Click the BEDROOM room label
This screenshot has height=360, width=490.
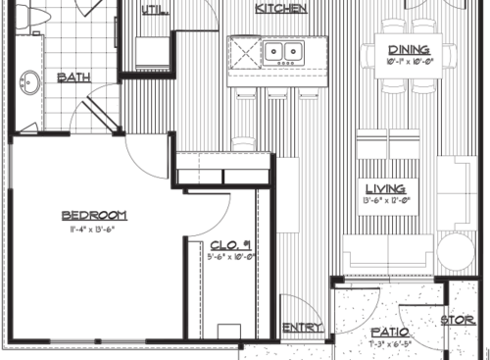point(94,215)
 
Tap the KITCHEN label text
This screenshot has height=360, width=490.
point(282,9)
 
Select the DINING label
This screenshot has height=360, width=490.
point(407,51)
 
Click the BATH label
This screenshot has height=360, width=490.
point(75,77)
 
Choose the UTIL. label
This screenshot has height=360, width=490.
point(154,11)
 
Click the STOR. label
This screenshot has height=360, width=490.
point(457,321)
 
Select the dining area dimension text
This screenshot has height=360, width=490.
point(407,63)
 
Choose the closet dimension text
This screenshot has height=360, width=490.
point(231,258)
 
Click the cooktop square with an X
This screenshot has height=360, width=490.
point(245,51)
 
